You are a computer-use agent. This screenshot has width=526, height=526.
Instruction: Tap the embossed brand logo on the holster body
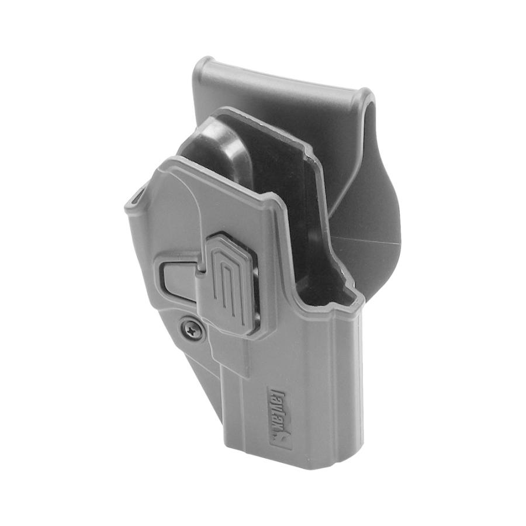[280, 416]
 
